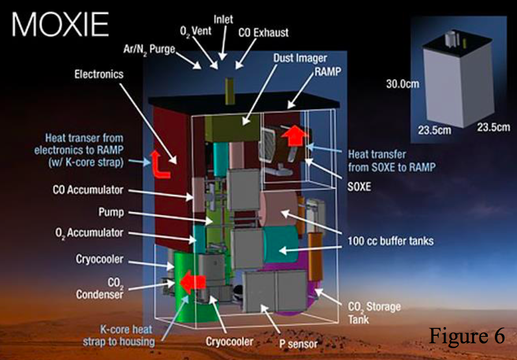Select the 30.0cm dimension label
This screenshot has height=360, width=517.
click(402, 84)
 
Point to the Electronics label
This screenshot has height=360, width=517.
click(99, 74)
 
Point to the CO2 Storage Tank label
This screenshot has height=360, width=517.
click(375, 312)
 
